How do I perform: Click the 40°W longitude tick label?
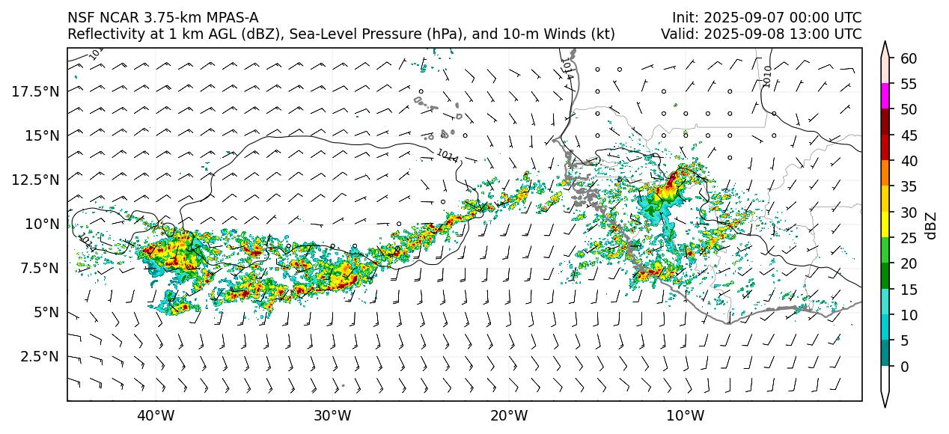tap(156, 415)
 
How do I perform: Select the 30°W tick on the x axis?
tap(332, 415)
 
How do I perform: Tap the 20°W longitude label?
tap(509, 415)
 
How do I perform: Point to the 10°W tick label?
tap(685, 415)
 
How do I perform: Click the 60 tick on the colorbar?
tap(908, 58)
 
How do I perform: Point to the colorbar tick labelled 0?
tap(904, 367)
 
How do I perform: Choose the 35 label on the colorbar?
tap(908, 187)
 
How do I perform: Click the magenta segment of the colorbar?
tap(885, 97)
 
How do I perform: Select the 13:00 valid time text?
tap(817, 34)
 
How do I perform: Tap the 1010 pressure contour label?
tap(767, 76)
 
